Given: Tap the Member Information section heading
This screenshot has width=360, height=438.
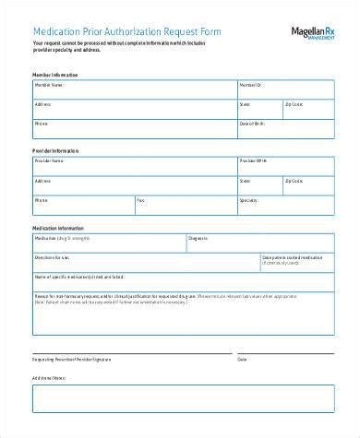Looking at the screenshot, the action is [x=55, y=74].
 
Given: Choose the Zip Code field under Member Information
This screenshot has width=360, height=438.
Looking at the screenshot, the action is [x=308, y=109].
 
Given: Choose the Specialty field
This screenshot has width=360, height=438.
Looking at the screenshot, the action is [x=285, y=204].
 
